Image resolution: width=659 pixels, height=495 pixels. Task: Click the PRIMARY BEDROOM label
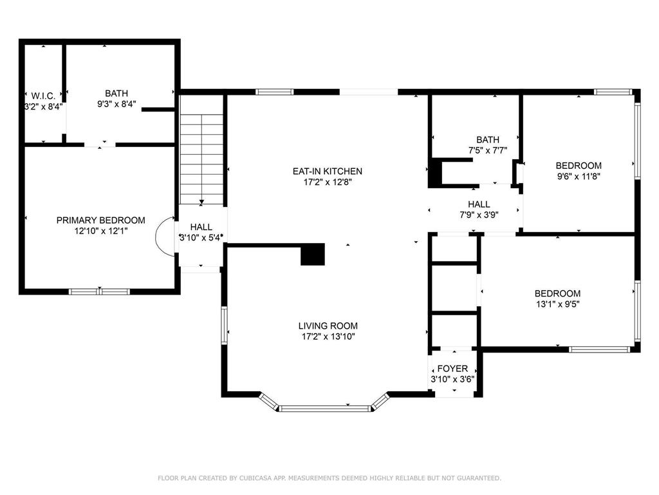100,220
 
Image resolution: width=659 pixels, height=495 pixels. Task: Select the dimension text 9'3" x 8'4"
116,103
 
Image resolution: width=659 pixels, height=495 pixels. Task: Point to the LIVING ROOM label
328,325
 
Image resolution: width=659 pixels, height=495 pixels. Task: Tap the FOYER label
452,369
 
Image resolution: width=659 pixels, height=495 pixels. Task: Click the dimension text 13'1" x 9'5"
558,304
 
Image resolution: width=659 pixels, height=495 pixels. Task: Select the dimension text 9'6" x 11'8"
579,175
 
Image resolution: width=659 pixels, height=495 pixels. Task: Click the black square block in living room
313,254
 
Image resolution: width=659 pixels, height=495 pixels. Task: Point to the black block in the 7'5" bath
436,173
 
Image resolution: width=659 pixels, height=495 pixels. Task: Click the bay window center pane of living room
326,407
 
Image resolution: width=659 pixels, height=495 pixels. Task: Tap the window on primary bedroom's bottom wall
100,291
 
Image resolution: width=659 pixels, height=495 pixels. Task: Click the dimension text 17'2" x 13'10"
328,336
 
